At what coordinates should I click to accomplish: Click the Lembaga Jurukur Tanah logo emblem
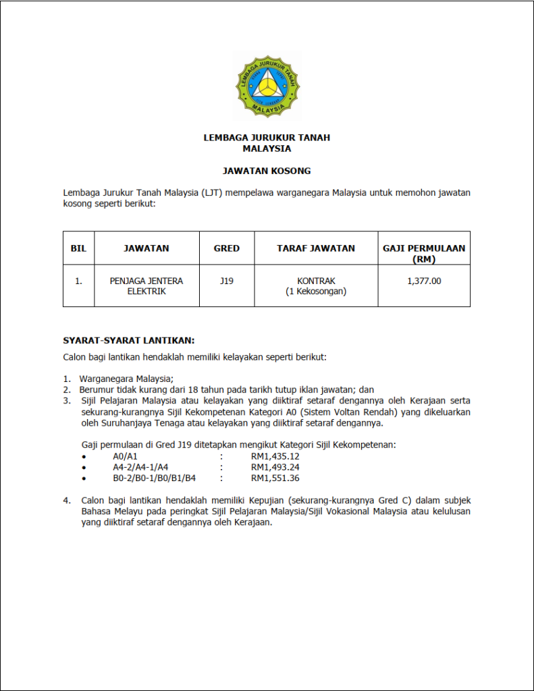click(267, 86)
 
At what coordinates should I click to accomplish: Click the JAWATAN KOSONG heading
click(267, 171)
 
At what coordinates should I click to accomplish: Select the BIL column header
click(79, 248)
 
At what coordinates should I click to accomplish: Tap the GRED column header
click(227, 248)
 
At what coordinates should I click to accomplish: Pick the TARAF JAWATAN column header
click(316, 248)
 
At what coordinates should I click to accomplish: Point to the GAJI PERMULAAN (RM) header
click(424, 253)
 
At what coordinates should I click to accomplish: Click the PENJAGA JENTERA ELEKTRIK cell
click(146, 286)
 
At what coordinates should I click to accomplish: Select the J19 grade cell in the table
click(227, 281)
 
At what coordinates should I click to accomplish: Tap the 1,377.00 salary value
click(424, 281)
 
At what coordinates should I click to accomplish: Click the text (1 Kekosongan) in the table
click(316, 292)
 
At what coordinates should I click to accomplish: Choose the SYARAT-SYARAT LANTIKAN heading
click(129, 340)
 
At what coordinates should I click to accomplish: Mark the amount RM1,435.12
click(275, 456)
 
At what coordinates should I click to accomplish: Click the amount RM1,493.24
click(275, 467)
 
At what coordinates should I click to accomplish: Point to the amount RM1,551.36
click(275, 478)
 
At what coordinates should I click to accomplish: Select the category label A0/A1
click(126, 456)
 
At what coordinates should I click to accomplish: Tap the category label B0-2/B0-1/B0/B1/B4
click(155, 478)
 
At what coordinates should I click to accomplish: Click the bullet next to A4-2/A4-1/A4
click(84, 467)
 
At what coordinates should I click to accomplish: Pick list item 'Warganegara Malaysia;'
click(126, 379)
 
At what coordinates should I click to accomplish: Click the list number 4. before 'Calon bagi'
click(67, 501)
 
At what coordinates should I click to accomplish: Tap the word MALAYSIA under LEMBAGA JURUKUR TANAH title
click(267, 148)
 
